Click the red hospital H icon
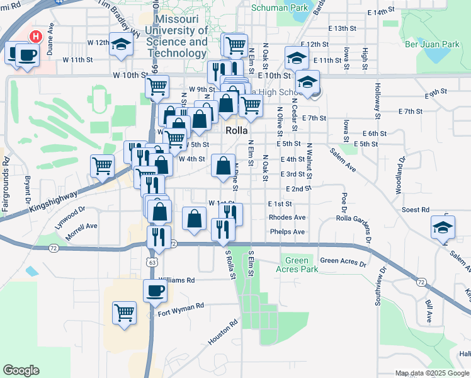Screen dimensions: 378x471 coord(36,37)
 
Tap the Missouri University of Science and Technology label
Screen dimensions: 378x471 coord(176,36)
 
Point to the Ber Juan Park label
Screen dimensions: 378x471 coord(433,45)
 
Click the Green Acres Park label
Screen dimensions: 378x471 coord(297,265)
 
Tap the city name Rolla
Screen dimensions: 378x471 coord(239,130)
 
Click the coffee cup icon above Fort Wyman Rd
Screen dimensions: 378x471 coord(155,291)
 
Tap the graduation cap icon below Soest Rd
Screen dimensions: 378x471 coord(443,227)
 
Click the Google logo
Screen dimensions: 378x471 coord(21,370)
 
